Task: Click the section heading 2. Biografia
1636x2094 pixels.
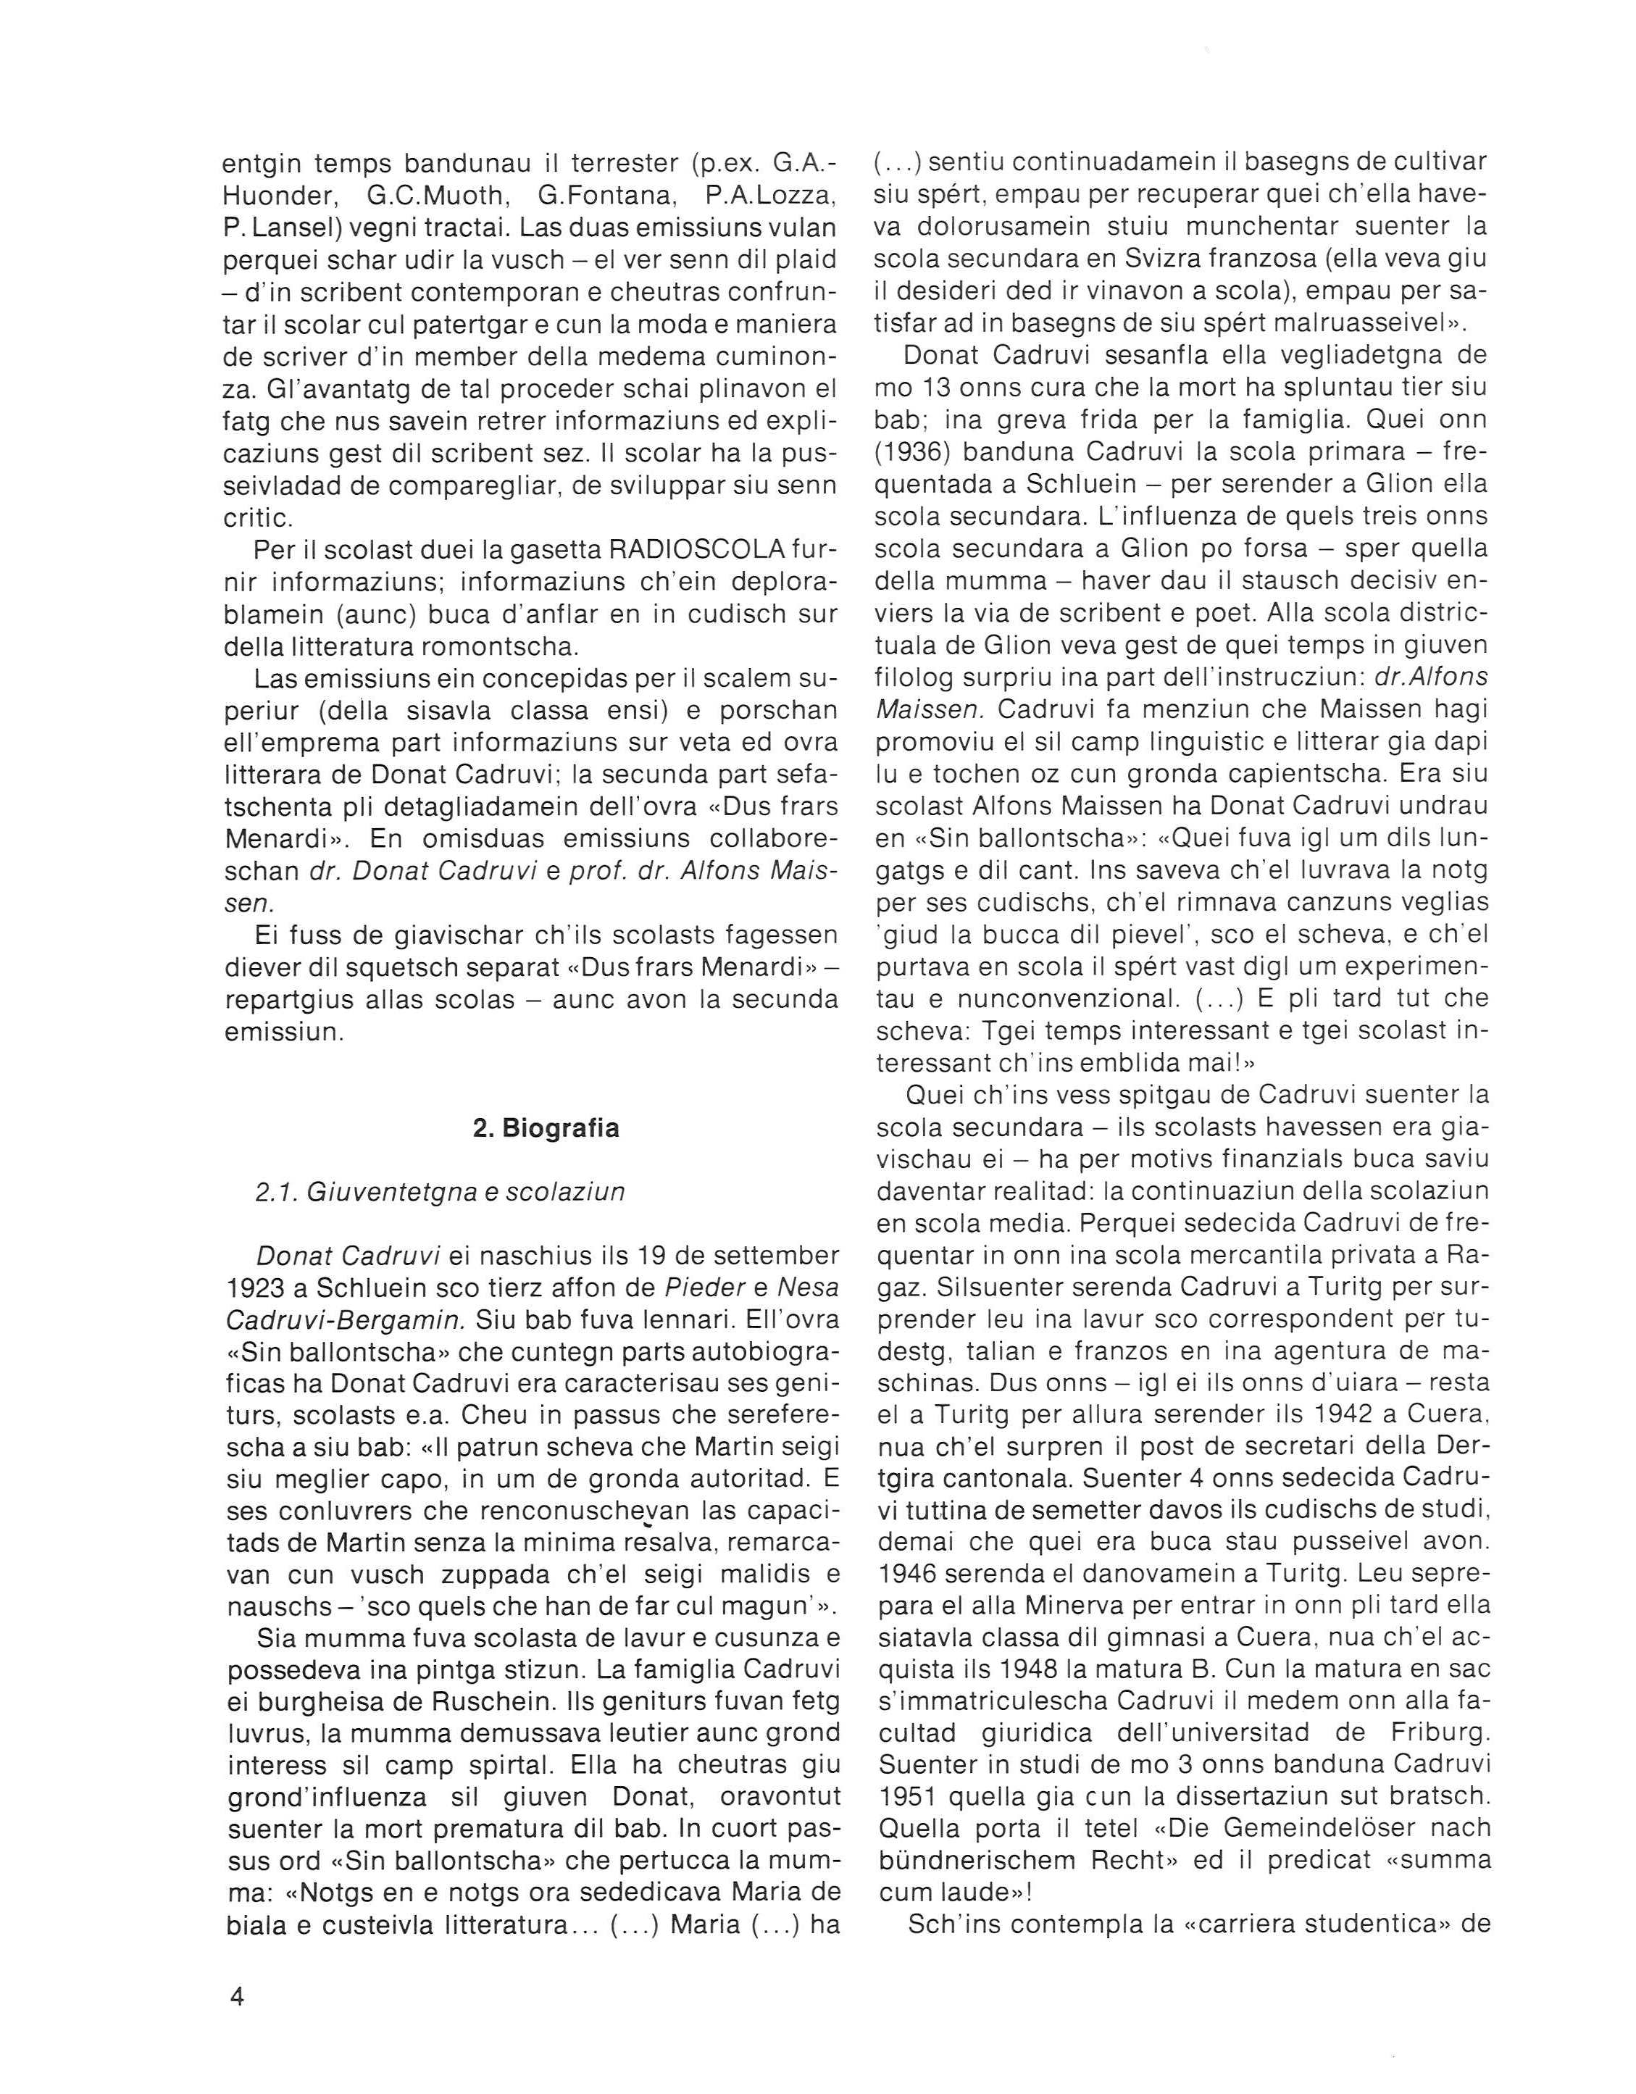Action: click(x=546, y=1128)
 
